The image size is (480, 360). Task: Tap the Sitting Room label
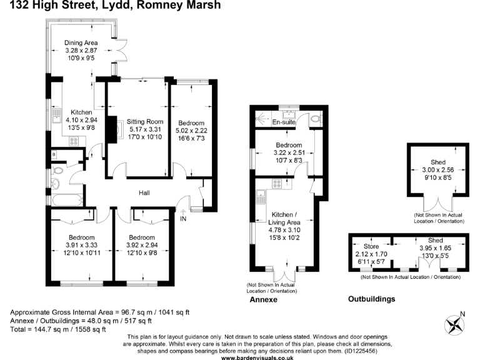(145, 121)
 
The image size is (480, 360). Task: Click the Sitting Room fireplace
(113, 129)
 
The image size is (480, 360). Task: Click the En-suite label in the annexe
(283, 122)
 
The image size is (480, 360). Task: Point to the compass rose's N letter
(462, 314)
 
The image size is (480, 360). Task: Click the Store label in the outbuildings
(362, 247)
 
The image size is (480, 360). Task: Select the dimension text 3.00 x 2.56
(437, 169)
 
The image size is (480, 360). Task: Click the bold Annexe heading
(262, 300)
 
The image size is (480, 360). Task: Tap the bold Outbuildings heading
(371, 299)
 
